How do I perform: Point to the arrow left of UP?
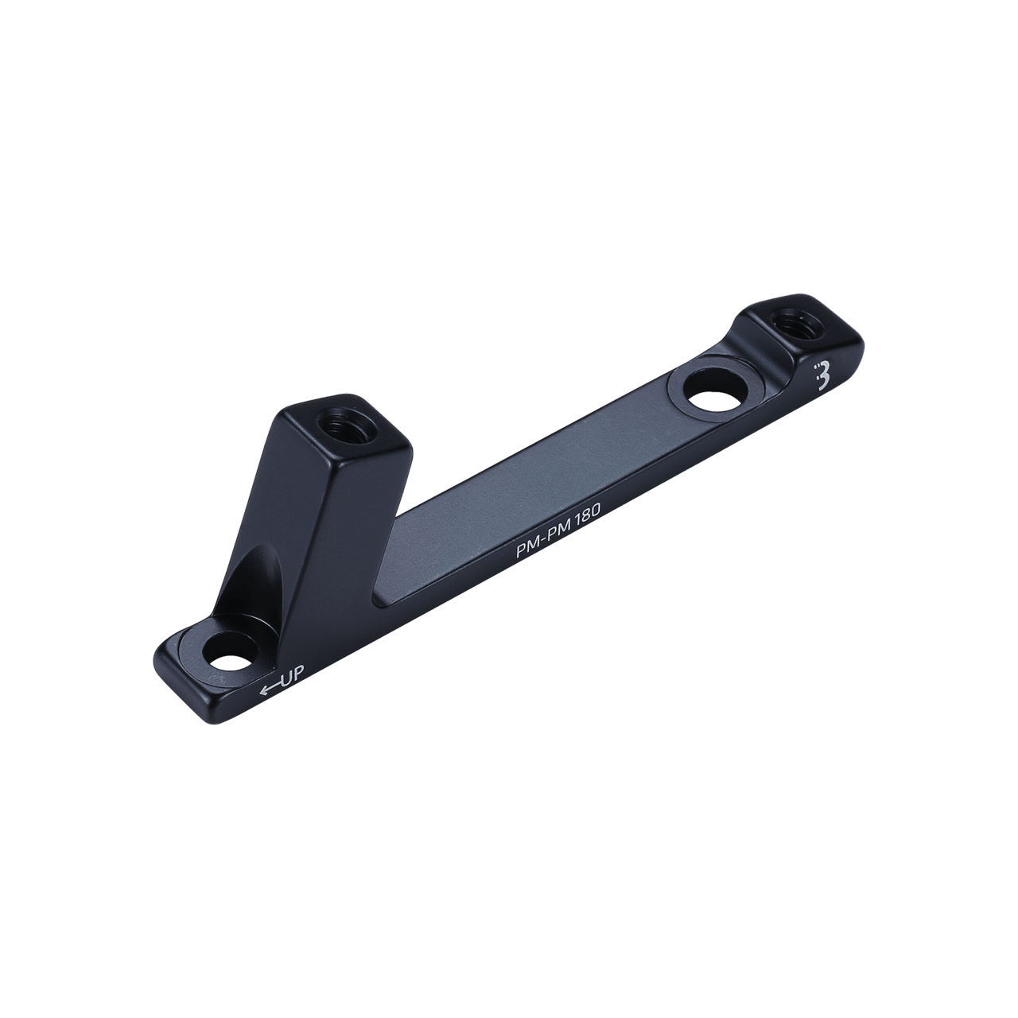click(270, 688)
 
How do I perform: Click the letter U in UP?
click(289, 678)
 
